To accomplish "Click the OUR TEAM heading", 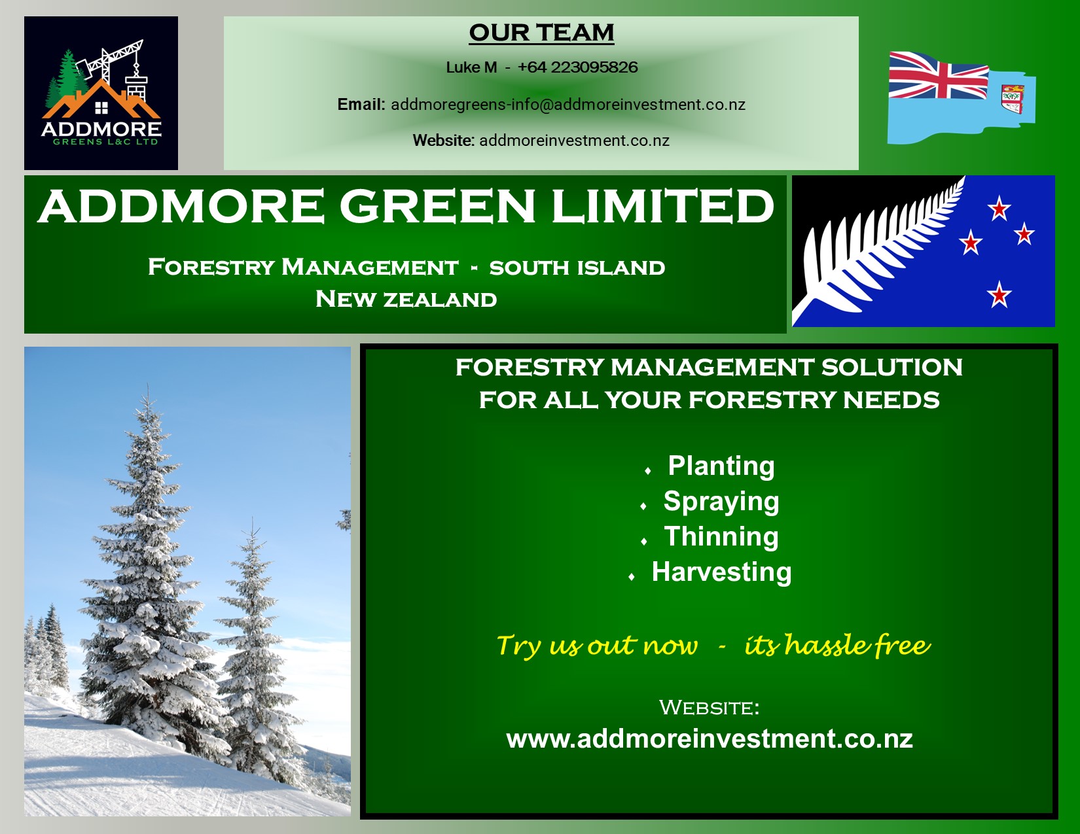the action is click(x=541, y=33).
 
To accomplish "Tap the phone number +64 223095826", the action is click(x=577, y=67).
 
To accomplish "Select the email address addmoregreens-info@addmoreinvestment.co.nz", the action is click(x=568, y=104).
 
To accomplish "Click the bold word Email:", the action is click(x=361, y=104).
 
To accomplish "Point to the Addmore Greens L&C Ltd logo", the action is click(x=101, y=93).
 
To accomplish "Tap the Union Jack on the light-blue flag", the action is click(x=938, y=76).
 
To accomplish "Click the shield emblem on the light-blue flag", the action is click(x=1013, y=99).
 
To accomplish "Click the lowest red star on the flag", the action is click(x=999, y=294).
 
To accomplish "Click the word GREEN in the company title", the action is click(x=437, y=206).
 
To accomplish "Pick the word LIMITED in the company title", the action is click(x=663, y=206).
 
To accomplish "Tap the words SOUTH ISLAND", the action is click(x=577, y=268).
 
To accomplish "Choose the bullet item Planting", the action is click(x=721, y=466).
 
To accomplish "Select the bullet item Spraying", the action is click(x=721, y=501).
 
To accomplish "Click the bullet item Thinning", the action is click(x=721, y=536).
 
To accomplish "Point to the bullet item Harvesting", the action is click(x=721, y=572).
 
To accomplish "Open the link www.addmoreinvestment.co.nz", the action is click(x=710, y=738).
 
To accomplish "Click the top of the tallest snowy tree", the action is click(x=148, y=384).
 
